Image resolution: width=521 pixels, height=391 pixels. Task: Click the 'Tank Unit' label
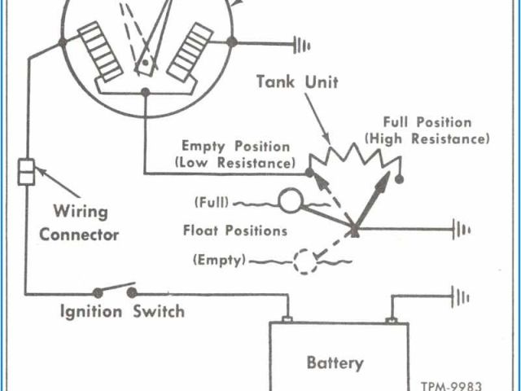tap(297, 81)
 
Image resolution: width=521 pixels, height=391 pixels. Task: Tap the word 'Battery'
tap(335, 362)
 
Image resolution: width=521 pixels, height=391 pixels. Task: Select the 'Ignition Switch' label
tap(123, 311)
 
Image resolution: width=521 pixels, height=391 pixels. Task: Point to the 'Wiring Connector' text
tap(80, 223)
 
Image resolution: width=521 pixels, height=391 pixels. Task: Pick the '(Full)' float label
tap(211, 201)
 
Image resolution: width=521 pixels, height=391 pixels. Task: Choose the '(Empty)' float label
tap(217, 261)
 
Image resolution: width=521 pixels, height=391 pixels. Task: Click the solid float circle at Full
tap(289, 200)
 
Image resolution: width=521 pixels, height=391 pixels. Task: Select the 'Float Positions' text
tap(235, 231)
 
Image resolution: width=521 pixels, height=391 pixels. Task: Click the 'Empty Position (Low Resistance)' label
tap(235, 155)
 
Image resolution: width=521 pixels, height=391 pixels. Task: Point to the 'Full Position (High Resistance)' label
tap(428, 130)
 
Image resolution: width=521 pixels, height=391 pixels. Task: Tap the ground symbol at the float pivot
tap(462, 230)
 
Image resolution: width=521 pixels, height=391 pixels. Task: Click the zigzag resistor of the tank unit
tap(357, 157)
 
